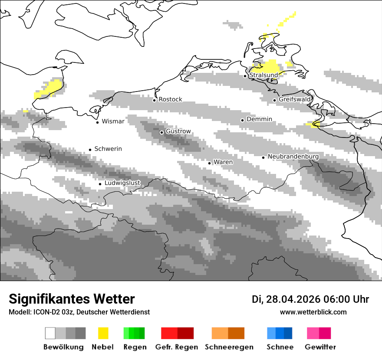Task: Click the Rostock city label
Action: click(170, 99)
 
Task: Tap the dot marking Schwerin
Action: click(90, 150)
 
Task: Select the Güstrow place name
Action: click(178, 131)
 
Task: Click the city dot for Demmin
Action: click(243, 120)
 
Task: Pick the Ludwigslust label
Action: click(122, 183)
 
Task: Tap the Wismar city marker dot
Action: click(98, 122)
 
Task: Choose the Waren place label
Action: click(223, 162)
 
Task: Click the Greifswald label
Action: click(295, 99)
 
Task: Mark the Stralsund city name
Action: click(263, 75)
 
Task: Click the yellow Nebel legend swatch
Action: click(103, 333)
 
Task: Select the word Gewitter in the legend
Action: click(320, 347)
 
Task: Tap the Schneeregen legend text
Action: click(229, 347)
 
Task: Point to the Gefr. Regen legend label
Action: click(177, 347)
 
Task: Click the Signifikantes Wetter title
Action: click(72, 299)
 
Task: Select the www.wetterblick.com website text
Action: click(313, 312)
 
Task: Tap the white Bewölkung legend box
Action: click(50, 333)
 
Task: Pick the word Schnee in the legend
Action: click(280, 347)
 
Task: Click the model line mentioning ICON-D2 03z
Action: click(79, 312)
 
